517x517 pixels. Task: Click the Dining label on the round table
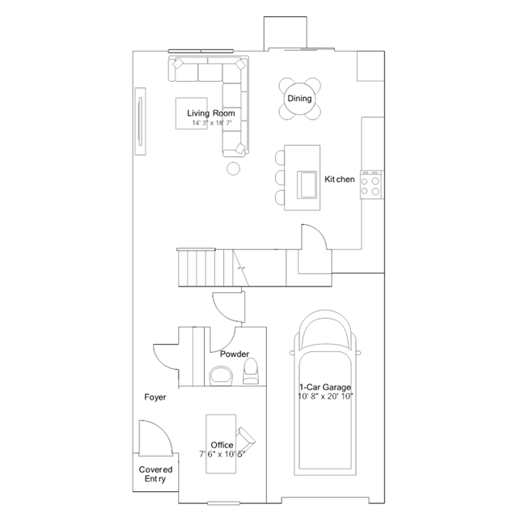[299, 99]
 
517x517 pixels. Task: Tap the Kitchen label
[340, 180]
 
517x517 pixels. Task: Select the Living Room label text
[211, 113]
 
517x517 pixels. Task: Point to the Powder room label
[235, 354]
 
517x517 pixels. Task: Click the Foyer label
[155, 397]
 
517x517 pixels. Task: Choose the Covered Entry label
[155, 474]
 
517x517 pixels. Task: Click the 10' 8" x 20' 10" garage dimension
[325, 396]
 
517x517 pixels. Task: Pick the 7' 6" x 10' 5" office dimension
[222, 455]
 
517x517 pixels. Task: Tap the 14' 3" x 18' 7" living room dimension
[212, 123]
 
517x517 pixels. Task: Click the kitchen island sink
[307, 184]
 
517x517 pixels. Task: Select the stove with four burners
[371, 184]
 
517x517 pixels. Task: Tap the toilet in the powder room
[250, 371]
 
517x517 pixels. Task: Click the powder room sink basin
[221, 375]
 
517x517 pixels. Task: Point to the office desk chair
[246, 439]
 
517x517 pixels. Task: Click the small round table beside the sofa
[234, 168]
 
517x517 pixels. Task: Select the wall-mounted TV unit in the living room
[140, 121]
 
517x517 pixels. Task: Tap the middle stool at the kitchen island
[280, 177]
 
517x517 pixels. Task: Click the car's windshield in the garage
[324, 332]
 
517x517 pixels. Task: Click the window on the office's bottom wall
[224, 503]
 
